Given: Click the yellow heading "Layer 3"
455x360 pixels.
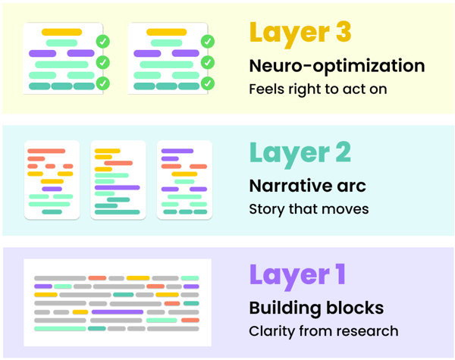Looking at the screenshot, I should pos(299,33).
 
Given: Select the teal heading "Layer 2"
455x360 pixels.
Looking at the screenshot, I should pos(300,152).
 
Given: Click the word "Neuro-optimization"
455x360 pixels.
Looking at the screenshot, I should pos(337,66).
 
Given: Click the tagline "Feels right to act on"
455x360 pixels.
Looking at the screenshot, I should pos(318,89).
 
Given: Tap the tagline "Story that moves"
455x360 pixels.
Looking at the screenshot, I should pos(309,208).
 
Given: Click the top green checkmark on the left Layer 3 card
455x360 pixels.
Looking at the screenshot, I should pos(103,41).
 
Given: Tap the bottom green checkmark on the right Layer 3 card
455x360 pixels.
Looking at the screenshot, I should pos(208,83).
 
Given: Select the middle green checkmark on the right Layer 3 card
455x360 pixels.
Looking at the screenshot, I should pos(208,62).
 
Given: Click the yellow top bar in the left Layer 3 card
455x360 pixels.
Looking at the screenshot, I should pos(62,32).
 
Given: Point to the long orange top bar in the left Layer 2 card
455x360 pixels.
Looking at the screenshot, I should pos(46,151).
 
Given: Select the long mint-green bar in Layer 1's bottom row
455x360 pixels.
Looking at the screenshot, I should pos(59,329).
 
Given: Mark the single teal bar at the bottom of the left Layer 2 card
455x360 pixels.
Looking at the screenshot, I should pos(52,211).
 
